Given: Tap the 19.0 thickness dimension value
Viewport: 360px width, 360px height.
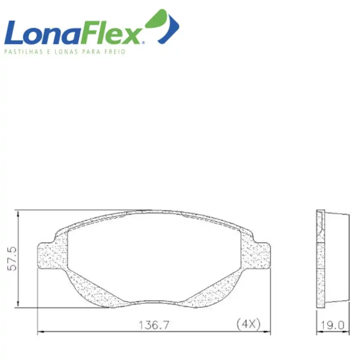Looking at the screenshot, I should [x=333, y=325].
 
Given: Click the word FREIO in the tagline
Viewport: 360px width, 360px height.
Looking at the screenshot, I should [x=115, y=52].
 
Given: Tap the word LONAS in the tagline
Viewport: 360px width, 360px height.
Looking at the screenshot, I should [x=63, y=52].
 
